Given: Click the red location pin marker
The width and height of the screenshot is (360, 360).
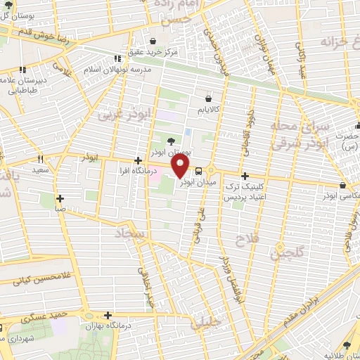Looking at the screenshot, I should [181, 166].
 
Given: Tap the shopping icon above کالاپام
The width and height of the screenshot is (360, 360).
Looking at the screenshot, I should [209, 99].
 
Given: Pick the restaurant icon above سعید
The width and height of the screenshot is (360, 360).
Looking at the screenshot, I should [40, 160].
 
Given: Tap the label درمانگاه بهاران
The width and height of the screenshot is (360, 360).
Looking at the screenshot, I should [101, 326].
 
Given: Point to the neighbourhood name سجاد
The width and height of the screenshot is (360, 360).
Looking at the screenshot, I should [133, 232].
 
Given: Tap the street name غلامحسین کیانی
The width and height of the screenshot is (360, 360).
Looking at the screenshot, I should [29, 280].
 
